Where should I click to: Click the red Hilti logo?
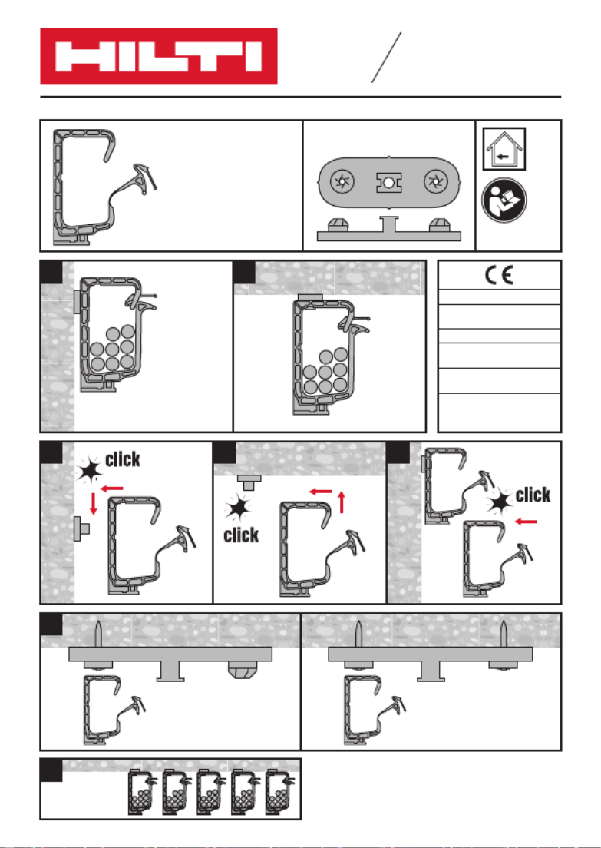click(x=158, y=56)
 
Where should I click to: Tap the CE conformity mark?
click(x=498, y=276)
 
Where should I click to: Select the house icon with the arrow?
click(x=504, y=149)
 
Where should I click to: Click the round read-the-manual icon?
click(x=504, y=200)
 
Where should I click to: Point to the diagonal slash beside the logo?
click(x=386, y=58)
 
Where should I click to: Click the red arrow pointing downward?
click(x=94, y=503)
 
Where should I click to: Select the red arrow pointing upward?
click(x=342, y=502)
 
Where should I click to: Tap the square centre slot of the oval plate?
click(x=388, y=182)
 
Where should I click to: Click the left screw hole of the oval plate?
click(x=342, y=181)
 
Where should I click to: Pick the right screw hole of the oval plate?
click(x=435, y=181)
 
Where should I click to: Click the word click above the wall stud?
click(x=123, y=459)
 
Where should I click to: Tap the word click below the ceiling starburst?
click(x=241, y=535)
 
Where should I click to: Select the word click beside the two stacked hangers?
click(x=533, y=495)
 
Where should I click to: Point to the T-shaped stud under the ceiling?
click(x=249, y=482)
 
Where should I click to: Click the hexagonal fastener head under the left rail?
click(x=242, y=670)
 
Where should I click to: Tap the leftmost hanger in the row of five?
click(x=140, y=791)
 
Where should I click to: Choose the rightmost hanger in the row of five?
click(x=279, y=791)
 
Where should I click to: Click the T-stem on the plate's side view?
click(x=388, y=224)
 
